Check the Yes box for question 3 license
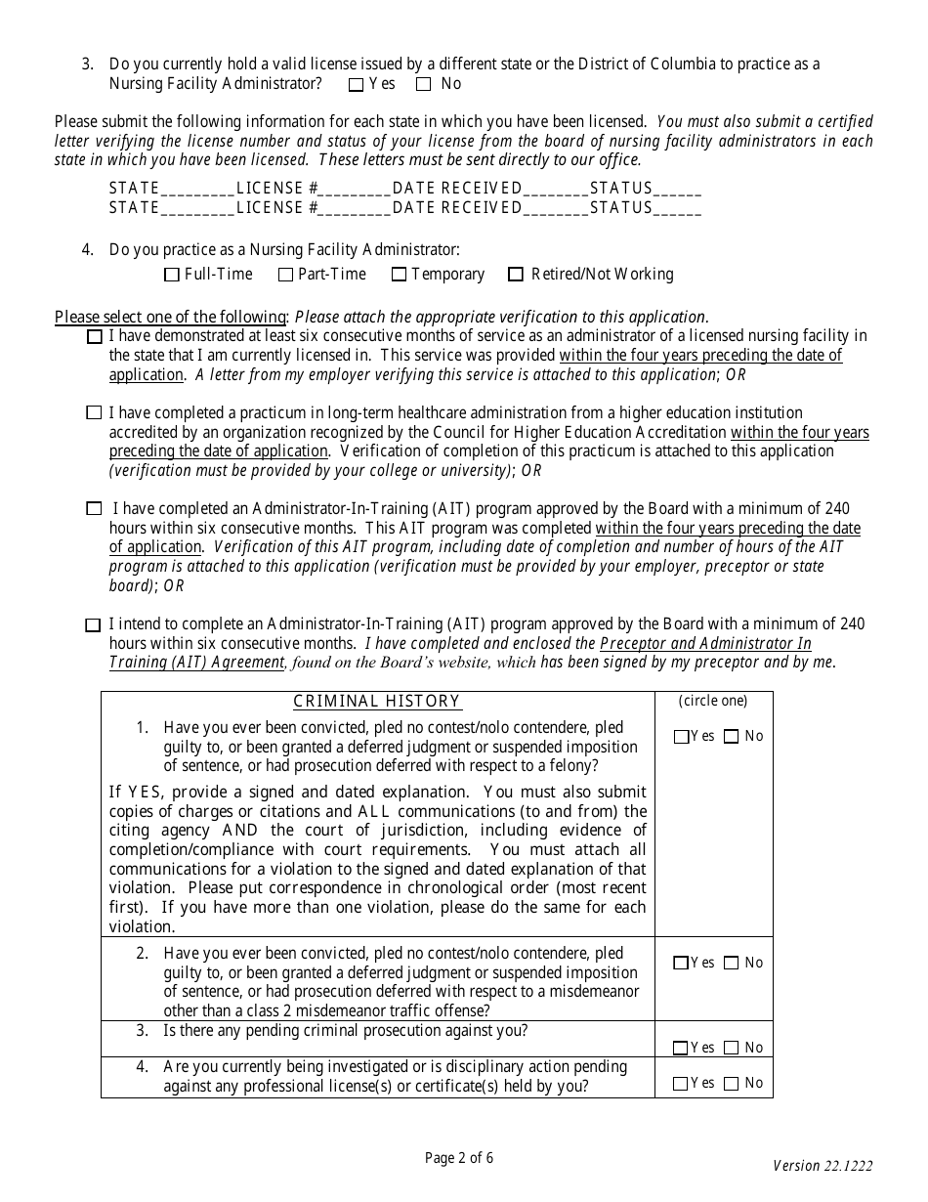point(357,85)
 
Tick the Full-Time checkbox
point(172,276)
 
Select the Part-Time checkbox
point(285,276)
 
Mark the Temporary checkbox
point(399,276)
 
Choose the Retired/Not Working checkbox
point(516,276)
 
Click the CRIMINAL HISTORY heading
point(377,702)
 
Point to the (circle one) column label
point(713,701)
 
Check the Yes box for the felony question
point(681,738)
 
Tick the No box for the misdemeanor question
point(732,964)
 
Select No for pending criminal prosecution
point(732,1049)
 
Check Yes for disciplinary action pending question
point(681,1084)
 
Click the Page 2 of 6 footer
point(459,1159)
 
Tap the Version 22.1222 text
point(823,1166)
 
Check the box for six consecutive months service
point(94,337)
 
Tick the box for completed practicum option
point(94,413)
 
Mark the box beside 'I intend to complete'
point(94,625)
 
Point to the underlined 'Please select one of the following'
point(170,317)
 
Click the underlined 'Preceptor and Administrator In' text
point(705,644)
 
